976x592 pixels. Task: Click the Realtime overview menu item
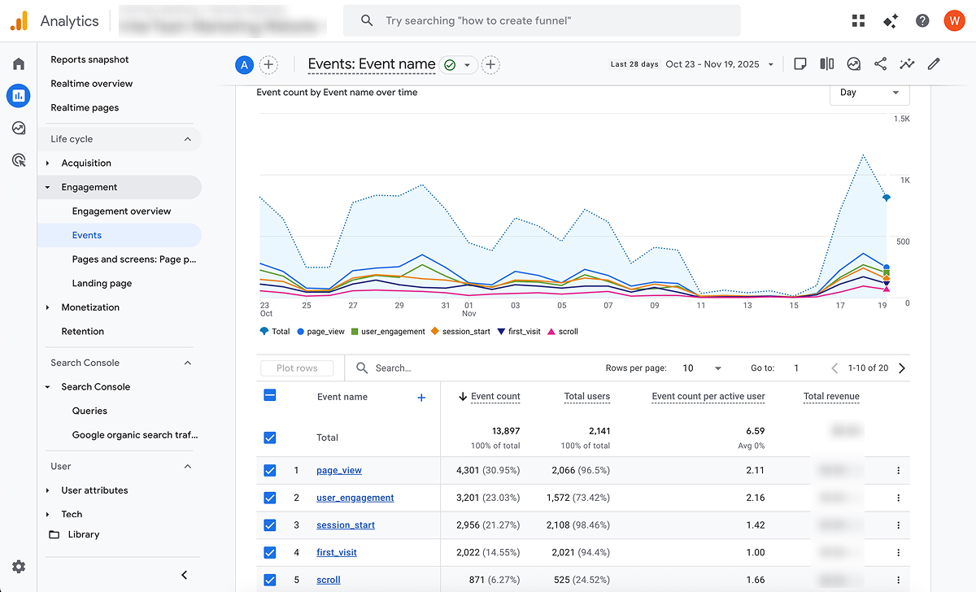pos(91,84)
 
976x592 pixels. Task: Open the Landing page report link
pos(102,283)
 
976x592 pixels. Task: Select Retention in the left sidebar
pos(83,331)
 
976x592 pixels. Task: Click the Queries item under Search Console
pos(89,411)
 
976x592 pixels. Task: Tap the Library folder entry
pos(83,534)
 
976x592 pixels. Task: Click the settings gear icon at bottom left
pos(19,567)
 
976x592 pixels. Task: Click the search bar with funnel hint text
pos(542,20)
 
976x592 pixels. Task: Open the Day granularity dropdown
pos(869,93)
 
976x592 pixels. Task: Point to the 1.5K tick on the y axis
pos(901,119)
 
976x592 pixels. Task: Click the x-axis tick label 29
pos(399,306)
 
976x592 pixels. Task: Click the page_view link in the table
pos(339,470)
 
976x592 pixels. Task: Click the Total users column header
pos(586,397)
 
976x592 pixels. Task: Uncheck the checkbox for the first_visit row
pos(270,553)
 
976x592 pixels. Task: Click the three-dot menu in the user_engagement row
pos(898,498)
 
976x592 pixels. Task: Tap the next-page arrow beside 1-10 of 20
pos(901,368)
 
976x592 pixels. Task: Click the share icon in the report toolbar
pos(880,63)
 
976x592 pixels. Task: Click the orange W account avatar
pos(954,20)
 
